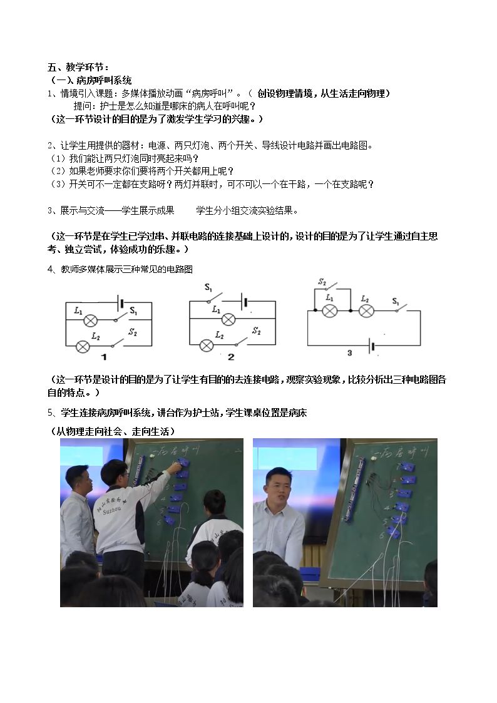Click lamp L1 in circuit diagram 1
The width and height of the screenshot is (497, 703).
[x=91, y=320]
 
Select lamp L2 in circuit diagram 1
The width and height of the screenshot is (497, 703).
[x=83, y=346]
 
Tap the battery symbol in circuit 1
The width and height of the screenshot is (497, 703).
[x=120, y=302]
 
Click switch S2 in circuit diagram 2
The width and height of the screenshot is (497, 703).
[x=242, y=342]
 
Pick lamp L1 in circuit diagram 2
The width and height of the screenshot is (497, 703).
[x=228, y=319]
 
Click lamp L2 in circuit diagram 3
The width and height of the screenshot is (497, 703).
[x=366, y=310]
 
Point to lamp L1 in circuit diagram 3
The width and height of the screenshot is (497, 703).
[x=330, y=310]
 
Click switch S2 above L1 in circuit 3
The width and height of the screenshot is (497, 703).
[x=332, y=286]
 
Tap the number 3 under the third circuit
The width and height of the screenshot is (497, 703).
[x=349, y=353]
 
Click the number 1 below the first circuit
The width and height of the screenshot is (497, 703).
[x=104, y=357]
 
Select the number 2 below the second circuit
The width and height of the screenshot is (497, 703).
[x=231, y=357]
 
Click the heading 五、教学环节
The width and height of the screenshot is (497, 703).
[x=78, y=67]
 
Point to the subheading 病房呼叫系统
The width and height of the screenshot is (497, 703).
[x=104, y=80]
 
